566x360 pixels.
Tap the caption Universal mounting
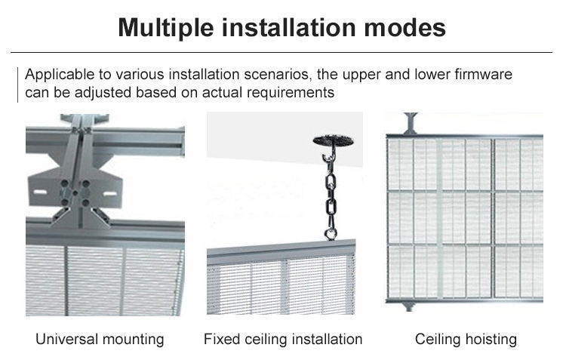click(100, 339)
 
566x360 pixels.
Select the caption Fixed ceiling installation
click(283, 339)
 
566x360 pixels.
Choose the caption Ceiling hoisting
click(466, 339)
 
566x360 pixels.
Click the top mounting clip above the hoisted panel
click(411, 121)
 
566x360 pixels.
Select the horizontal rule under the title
click(283, 52)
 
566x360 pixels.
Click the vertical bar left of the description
click(17, 84)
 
